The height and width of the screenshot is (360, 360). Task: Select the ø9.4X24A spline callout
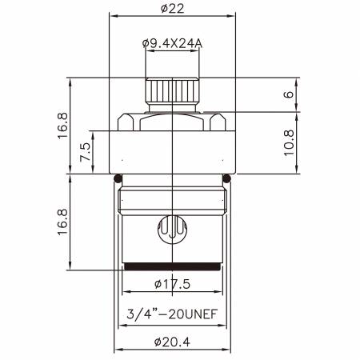[173, 43]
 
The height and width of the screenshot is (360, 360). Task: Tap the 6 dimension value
[290, 93]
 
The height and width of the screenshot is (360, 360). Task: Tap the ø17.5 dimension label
[173, 284]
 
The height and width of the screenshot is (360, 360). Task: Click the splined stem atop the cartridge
[173, 90]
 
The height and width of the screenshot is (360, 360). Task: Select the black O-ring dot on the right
[227, 178]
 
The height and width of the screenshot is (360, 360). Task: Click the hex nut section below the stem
[173, 121]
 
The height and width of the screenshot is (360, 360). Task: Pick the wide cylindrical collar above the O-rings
[173, 154]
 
